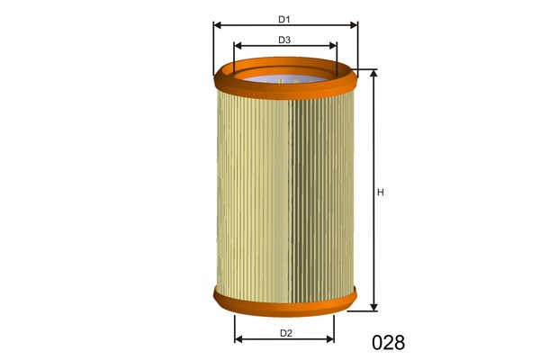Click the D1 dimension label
[x=284, y=20]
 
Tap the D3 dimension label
[x=284, y=40]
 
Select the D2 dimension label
[x=286, y=333]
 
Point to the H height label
[x=381, y=193]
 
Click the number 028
[x=389, y=342]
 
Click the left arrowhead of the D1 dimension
[x=217, y=25]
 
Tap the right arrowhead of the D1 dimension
[x=354, y=25]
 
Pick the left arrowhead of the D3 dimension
[x=238, y=46]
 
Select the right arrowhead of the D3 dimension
[x=333, y=46]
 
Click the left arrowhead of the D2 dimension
[x=238, y=339]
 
